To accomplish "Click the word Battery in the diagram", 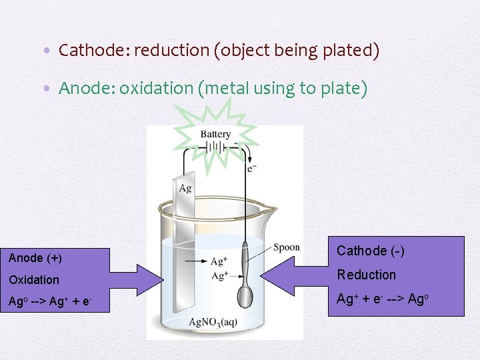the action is [215, 134].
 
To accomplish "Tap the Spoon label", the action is [286, 247].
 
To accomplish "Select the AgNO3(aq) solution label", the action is [213, 323].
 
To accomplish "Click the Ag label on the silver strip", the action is [185, 188].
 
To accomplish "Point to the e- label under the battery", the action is [251, 168].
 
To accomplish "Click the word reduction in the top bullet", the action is [171, 50].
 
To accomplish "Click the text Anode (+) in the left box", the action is [35, 257].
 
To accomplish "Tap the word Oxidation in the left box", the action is [34, 280].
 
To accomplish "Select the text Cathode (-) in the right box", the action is [371, 251].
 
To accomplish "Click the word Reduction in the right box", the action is [366, 275].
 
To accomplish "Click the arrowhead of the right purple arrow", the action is [275, 275].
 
